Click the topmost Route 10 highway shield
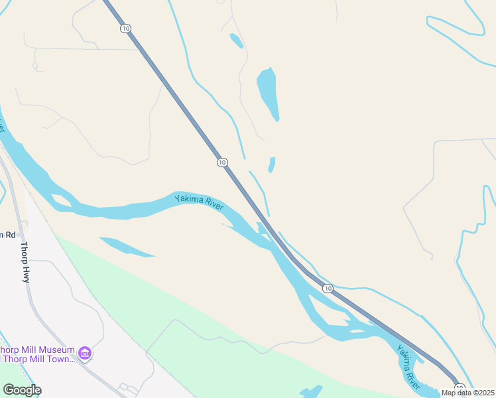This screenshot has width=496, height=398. (126, 29)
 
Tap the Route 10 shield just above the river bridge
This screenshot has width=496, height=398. (221, 163)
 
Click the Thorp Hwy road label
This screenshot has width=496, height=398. (25, 262)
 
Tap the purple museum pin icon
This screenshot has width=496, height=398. (84, 352)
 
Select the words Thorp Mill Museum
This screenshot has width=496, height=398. (36, 350)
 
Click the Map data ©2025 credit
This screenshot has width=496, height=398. (468, 393)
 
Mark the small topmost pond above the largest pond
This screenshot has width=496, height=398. (236, 40)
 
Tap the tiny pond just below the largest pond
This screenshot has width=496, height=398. (271, 164)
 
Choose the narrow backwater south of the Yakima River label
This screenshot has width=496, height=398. (126, 247)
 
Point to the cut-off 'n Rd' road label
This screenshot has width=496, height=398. (7, 234)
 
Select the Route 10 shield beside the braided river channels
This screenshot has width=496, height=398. (328, 289)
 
